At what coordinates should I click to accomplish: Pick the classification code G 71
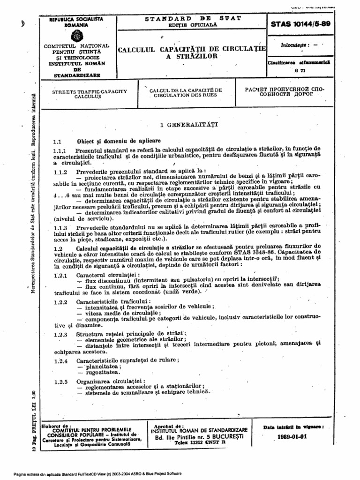click(x=296, y=70)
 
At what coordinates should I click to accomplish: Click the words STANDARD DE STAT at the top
click(x=193, y=18)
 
